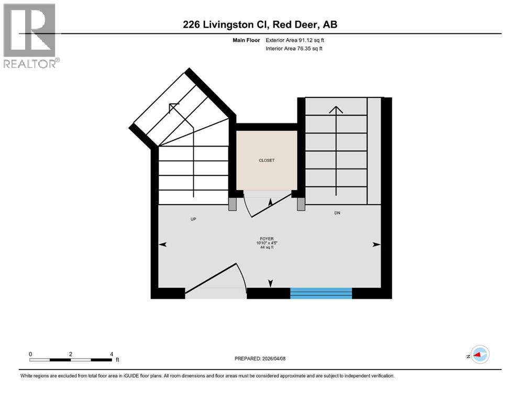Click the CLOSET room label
tap(266, 160)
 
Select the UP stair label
tap(193, 219)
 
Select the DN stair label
tap(338, 213)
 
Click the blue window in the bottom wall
tap(321, 293)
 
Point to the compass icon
tap(479, 355)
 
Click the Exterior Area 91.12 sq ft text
tap(297, 40)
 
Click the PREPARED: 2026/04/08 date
tap(260, 359)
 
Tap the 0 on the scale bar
tap(31, 354)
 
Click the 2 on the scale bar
tap(71, 354)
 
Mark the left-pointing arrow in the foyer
tap(162, 244)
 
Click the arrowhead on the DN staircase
tap(336, 109)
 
